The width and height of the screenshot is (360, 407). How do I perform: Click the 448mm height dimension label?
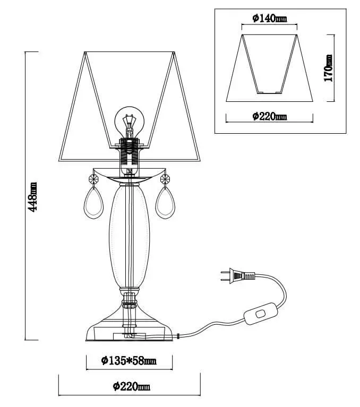[x=33, y=197]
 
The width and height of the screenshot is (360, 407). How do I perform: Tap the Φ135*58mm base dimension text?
[x=129, y=360]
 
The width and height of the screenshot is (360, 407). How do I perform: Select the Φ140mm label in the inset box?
[x=270, y=18]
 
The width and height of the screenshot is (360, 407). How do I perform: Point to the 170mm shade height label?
[x=328, y=68]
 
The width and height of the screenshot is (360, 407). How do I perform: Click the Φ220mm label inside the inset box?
[x=270, y=116]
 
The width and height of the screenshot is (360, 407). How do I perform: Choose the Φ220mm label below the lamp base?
[x=132, y=386]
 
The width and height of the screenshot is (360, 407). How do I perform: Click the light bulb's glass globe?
[x=130, y=119]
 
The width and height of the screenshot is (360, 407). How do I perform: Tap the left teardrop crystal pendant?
[x=93, y=203]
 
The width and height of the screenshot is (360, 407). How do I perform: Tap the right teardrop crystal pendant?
[x=165, y=203]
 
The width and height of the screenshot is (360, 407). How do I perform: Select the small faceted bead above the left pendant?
[x=93, y=179]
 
